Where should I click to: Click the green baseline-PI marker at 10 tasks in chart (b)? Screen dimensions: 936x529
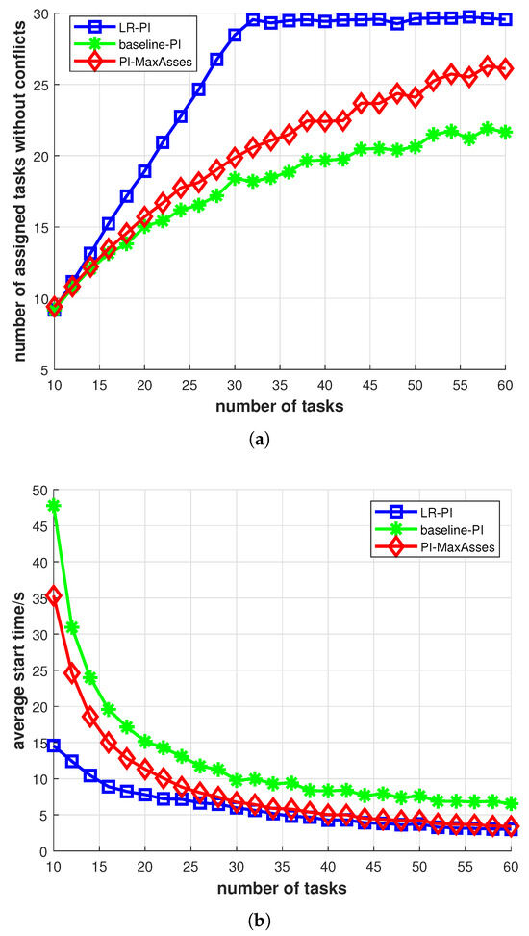(54, 506)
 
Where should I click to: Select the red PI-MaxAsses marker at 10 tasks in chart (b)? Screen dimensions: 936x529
(54, 596)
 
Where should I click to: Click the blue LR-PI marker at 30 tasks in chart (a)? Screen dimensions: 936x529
(235, 35)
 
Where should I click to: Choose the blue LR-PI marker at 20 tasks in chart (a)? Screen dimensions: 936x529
(144, 171)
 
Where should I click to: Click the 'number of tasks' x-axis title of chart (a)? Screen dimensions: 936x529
(279, 405)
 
